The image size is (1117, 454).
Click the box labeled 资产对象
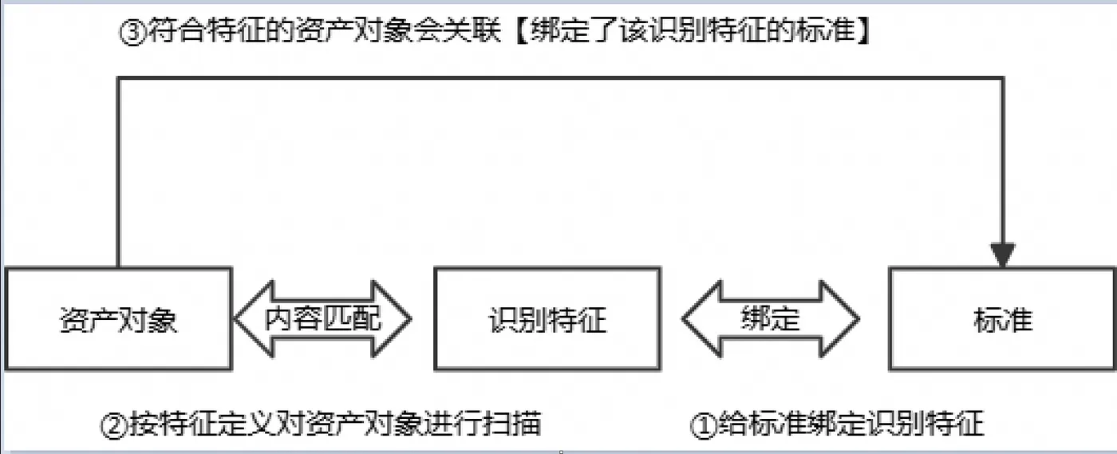pos(118,319)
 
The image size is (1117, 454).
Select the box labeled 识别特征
pos(547,319)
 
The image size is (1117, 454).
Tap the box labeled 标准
pos(1002,319)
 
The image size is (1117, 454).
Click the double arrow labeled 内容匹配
pos(322,319)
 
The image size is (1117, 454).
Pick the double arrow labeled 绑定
pos(770,319)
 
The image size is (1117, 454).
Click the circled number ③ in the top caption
pos(132,34)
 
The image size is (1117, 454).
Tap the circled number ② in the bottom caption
pos(112,424)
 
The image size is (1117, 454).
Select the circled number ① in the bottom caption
pos(703,424)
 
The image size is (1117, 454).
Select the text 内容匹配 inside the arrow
pos(322,319)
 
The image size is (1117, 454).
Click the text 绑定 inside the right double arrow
pos(770,319)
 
